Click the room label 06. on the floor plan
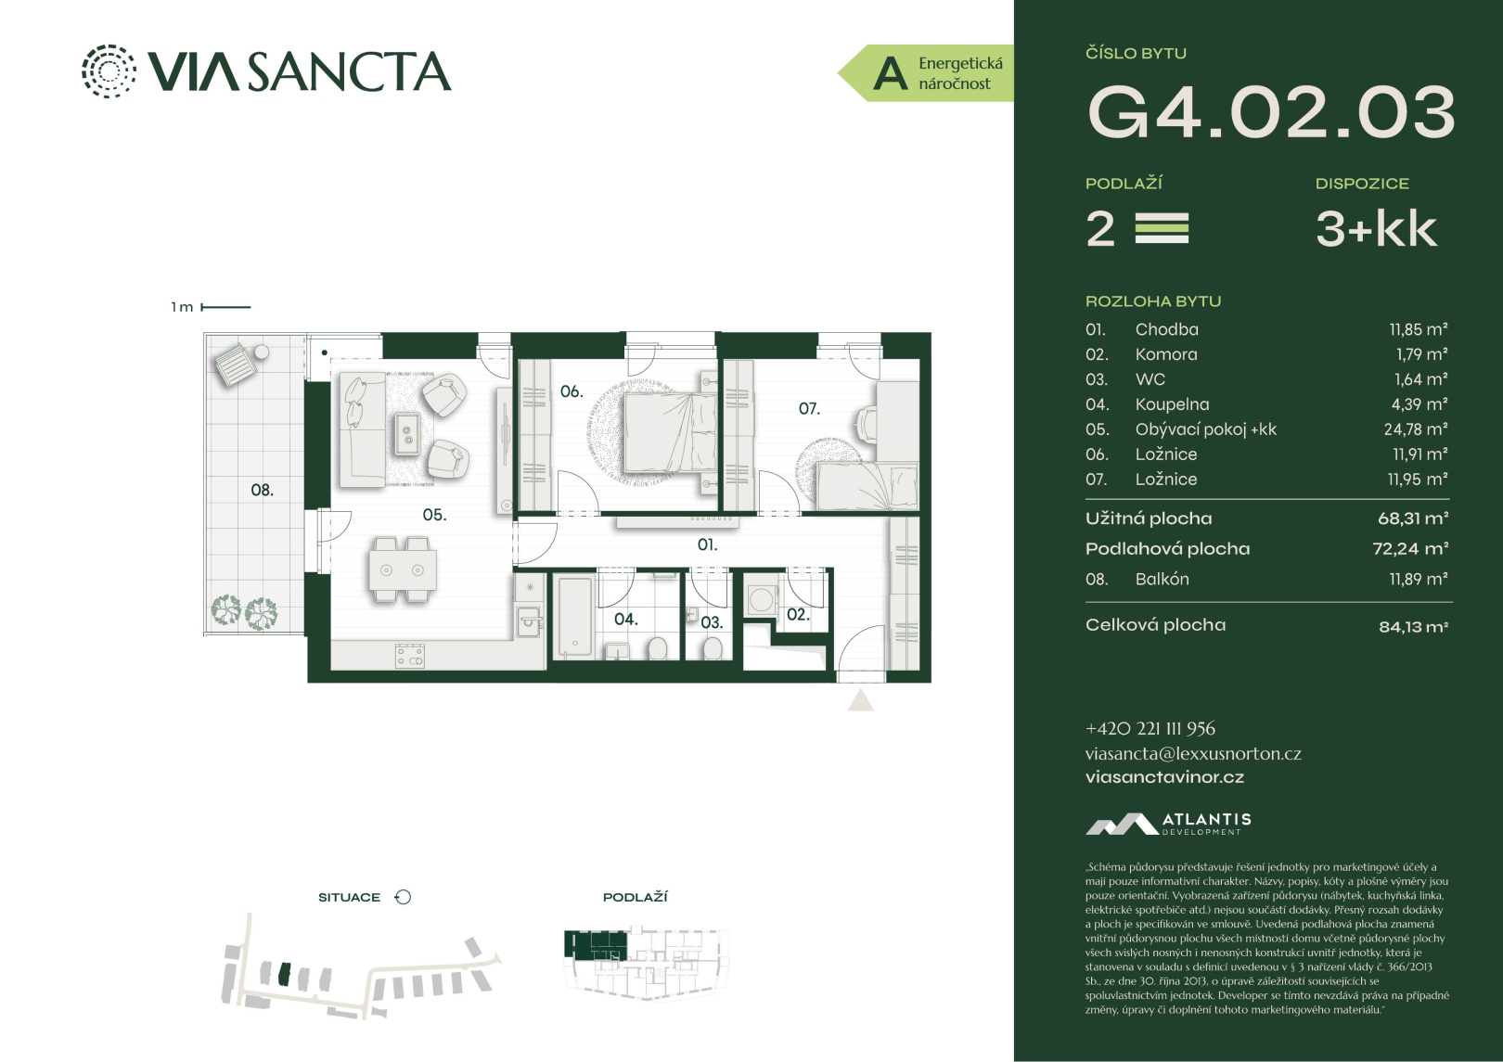pyautogui.click(x=572, y=391)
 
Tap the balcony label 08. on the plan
pyautogui.click(x=262, y=491)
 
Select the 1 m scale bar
pyautogui.click(x=225, y=307)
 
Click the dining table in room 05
pyautogui.click(x=403, y=569)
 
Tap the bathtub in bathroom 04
pyautogui.click(x=574, y=616)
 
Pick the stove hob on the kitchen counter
pyautogui.click(x=409, y=656)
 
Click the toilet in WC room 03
pyautogui.click(x=713, y=648)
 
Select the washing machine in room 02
pyautogui.click(x=761, y=599)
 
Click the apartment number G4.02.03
pyautogui.click(x=1271, y=112)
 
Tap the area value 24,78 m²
pyautogui.click(x=1415, y=429)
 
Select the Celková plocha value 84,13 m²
pyautogui.click(x=1413, y=627)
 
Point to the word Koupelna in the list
pyautogui.click(x=1172, y=404)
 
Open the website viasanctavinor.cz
pyautogui.click(x=1164, y=777)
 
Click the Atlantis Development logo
pyautogui.click(x=1168, y=824)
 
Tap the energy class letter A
pyautogui.click(x=890, y=74)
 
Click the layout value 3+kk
pyautogui.click(x=1376, y=229)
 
